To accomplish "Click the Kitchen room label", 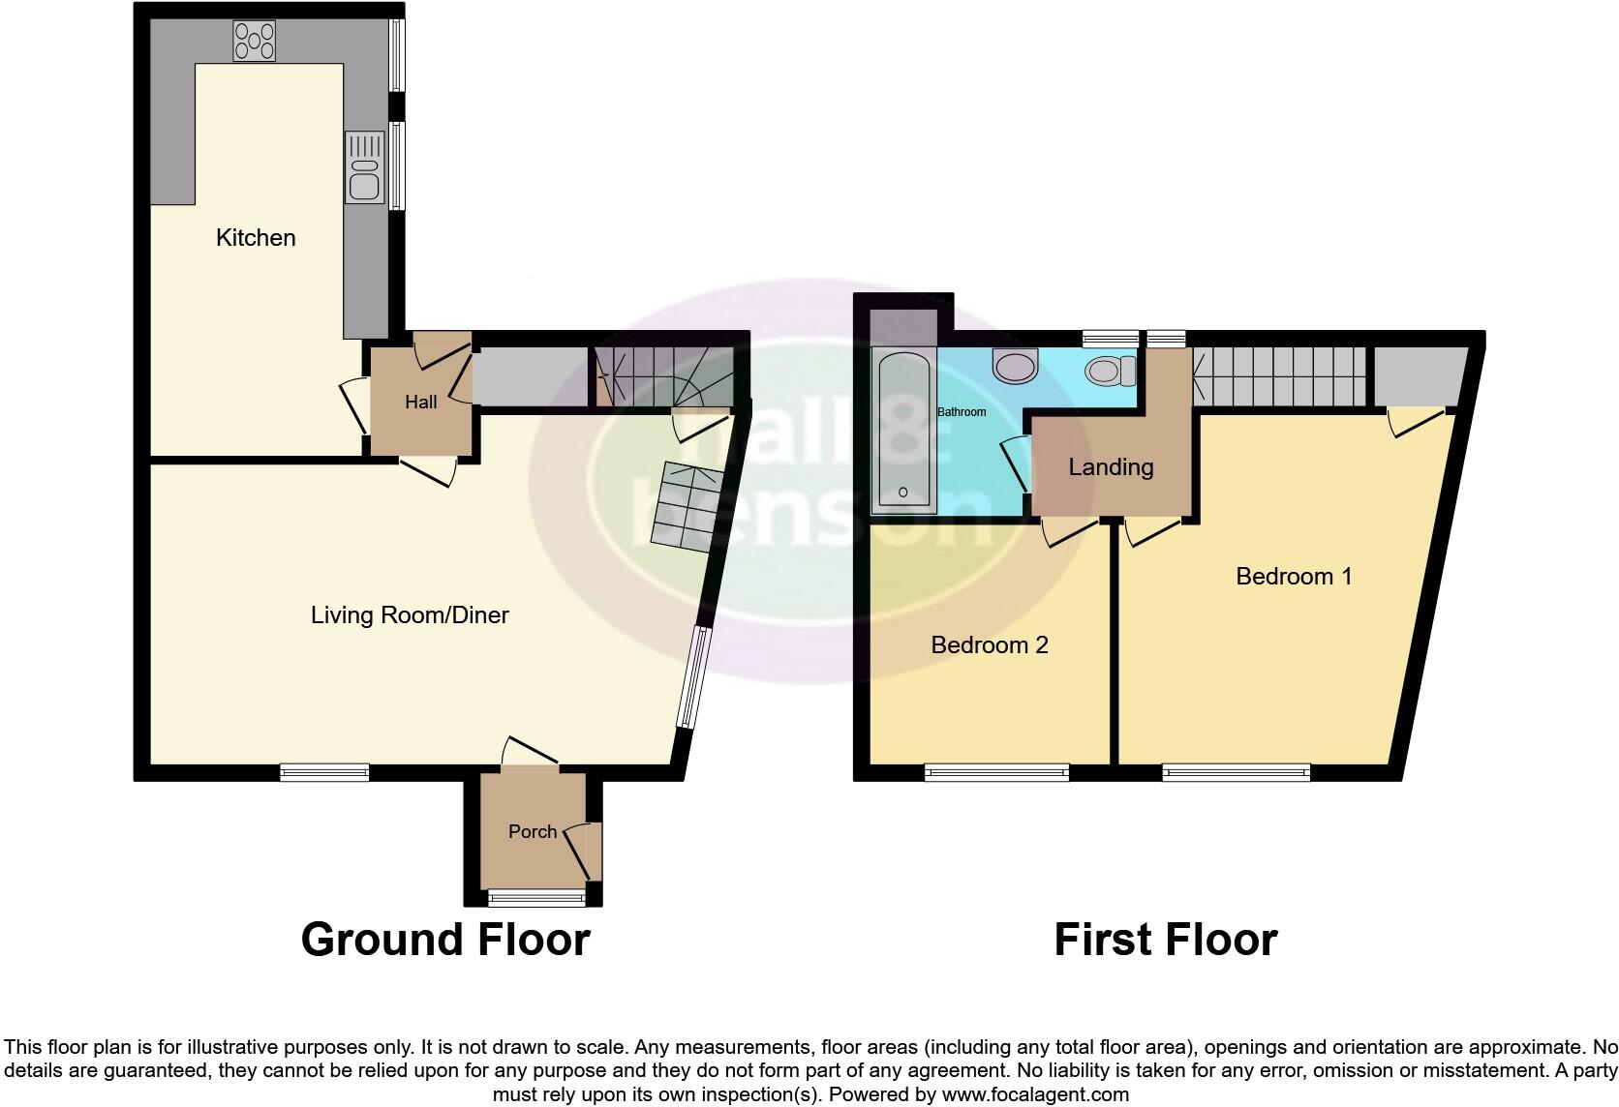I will (x=256, y=238).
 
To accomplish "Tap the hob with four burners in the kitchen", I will (x=254, y=42).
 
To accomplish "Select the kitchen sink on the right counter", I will (x=365, y=169).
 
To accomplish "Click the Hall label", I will (x=421, y=403).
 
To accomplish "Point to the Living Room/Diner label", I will (x=410, y=615).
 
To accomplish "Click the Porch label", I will (x=533, y=832).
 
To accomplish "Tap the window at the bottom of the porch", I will (x=537, y=899).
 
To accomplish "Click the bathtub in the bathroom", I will (x=903, y=431).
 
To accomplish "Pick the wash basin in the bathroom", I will (x=1015, y=367).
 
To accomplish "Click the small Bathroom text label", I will (x=962, y=412).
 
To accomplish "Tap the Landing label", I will (x=1111, y=467).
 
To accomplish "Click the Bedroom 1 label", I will (x=1294, y=577).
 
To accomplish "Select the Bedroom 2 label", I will (x=990, y=645).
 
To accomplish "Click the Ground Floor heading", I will (x=445, y=940).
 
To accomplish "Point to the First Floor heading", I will (x=1165, y=940).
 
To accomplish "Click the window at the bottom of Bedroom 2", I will (x=996, y=772).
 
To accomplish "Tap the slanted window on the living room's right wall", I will (x=694, y=676).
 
